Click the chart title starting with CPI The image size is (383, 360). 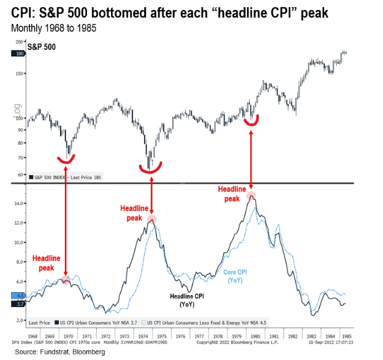(x=170, y=12)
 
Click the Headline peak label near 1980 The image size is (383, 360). (x=232, y=194)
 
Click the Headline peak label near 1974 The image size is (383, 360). (x=134, y=213)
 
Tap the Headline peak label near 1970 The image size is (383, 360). (x=46, y=263)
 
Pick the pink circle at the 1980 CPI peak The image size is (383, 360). (x=251, y=195)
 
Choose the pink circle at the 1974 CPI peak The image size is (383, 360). (x=152, y=220)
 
